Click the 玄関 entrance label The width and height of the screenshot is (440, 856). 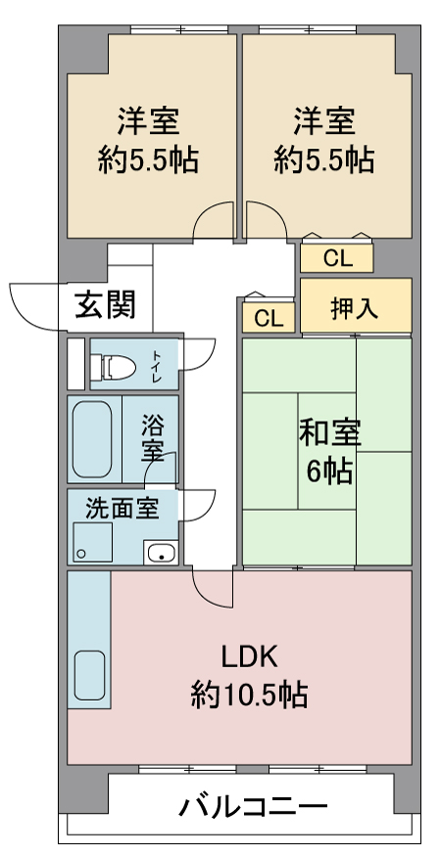point(105,304)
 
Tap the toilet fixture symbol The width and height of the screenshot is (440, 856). point(113,366)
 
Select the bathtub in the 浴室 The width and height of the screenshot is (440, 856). point(92,439)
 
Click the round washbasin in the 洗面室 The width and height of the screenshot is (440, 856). point(161,553)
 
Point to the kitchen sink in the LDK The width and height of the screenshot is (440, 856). point(89,675)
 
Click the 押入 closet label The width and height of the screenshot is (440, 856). point(355,308)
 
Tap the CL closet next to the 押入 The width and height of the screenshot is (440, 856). point(269,318)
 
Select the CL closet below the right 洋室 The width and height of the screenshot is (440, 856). point(337,258)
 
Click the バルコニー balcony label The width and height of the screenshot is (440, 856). point(253,806)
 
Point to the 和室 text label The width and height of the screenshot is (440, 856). point(329,434)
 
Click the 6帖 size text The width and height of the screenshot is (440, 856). point(329,473)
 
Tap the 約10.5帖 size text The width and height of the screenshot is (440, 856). point(249,695)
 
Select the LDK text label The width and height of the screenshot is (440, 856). point(250,657)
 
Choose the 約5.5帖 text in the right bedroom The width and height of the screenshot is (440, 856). point(324,160)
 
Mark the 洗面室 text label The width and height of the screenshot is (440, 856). point(122,509)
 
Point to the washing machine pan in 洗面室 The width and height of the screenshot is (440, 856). point(93,542)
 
